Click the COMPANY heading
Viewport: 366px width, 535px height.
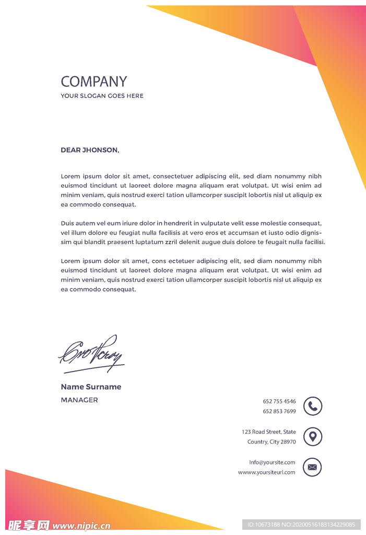tap(94, 82)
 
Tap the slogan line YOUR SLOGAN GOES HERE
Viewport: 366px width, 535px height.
tap(102, 96)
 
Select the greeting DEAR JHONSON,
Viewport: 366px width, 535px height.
tap(90, 150)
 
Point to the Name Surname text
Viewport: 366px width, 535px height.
tap(91, 387)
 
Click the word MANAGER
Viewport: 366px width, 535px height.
tap(79, 400)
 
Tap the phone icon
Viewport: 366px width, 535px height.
tap(313, 406)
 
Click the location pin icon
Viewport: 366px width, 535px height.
tap(313, 436)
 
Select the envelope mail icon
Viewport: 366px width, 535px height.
tap(313, 467)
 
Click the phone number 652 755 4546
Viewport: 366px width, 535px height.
tap(279, 401)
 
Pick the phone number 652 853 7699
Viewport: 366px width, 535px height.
tap(279, 411)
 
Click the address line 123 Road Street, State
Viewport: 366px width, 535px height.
tap(268, 432)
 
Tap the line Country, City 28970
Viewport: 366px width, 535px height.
tap(271, 442)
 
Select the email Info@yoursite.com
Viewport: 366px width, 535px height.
tap(272, 462)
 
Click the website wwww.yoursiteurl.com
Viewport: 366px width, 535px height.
tap(266, 472)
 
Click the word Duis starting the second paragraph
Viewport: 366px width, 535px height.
tap(68, 223)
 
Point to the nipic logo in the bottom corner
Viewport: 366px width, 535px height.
tap(57, 525)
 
